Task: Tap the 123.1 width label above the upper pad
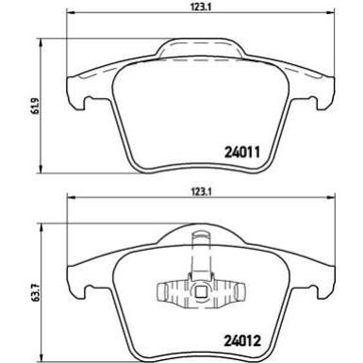click(x=197, y=8)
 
